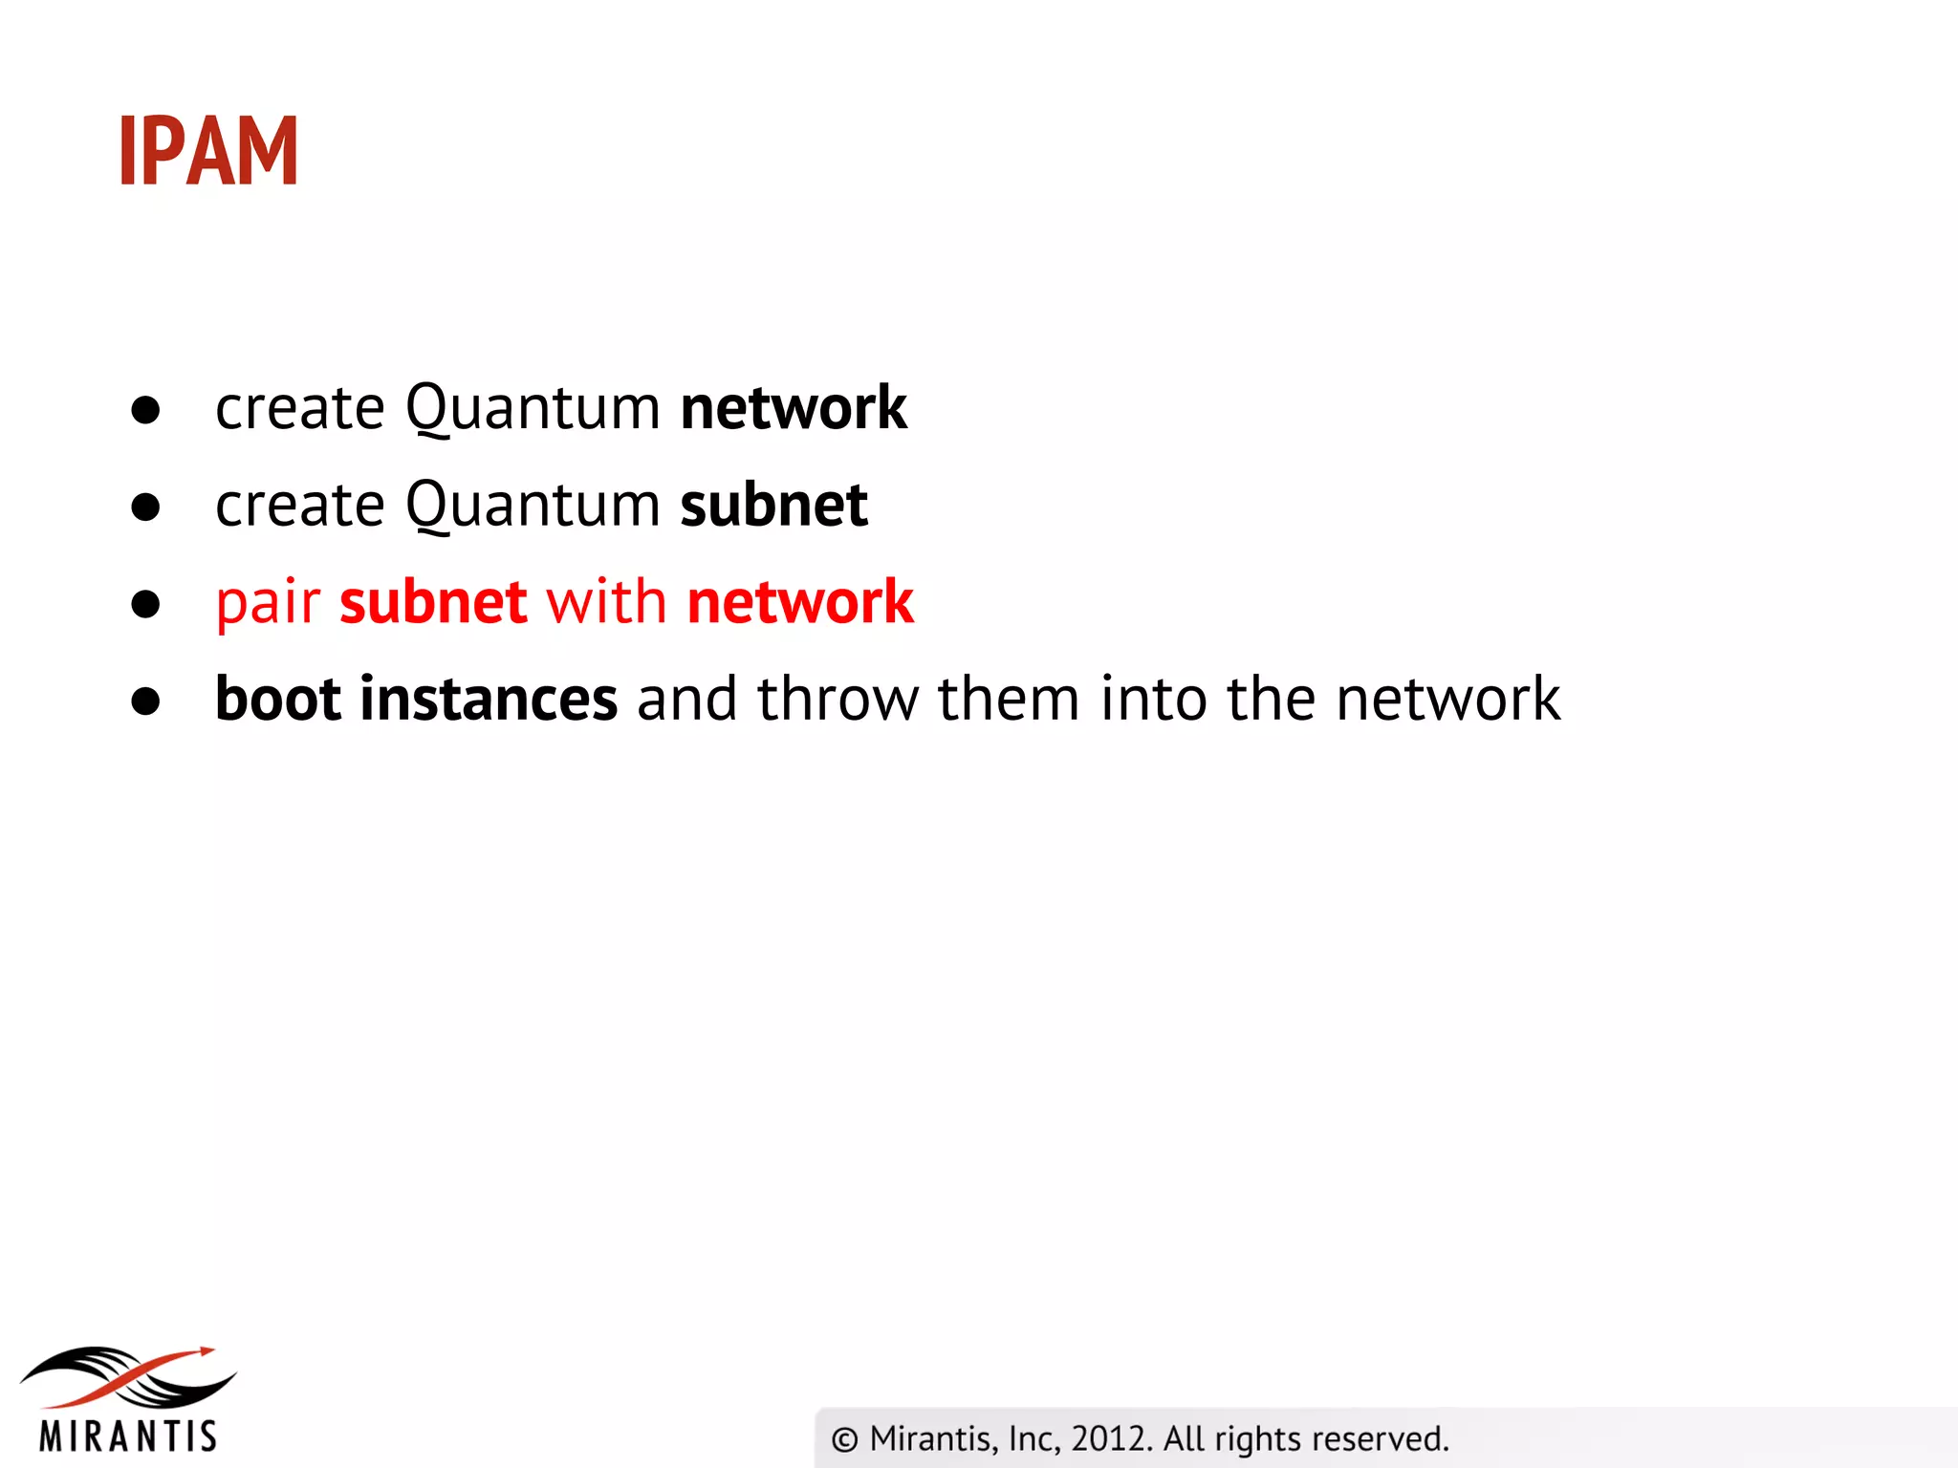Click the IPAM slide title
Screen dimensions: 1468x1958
coord(208,150)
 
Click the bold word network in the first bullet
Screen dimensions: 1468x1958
coord(794,408)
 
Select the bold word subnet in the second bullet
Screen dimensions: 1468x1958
coord(773,505)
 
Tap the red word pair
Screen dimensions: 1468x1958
coord(268,604)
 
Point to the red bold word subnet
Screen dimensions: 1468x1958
coord(433,602)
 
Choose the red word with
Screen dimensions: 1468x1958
coord(606,602)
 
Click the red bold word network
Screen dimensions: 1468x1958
coord(800,602)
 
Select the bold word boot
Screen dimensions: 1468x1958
coord(278,699)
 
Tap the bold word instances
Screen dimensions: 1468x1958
coord(489,699)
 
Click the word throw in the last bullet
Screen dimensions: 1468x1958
coord(838,699)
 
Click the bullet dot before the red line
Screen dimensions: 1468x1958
coord(145,604)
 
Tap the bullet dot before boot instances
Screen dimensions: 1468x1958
coord(145,702)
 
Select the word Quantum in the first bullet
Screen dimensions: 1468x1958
coord(533,410)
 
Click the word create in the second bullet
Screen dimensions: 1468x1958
coord(300,505)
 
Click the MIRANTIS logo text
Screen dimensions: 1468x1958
coord(128,1436)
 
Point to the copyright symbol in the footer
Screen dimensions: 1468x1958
coord(845,1439)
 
